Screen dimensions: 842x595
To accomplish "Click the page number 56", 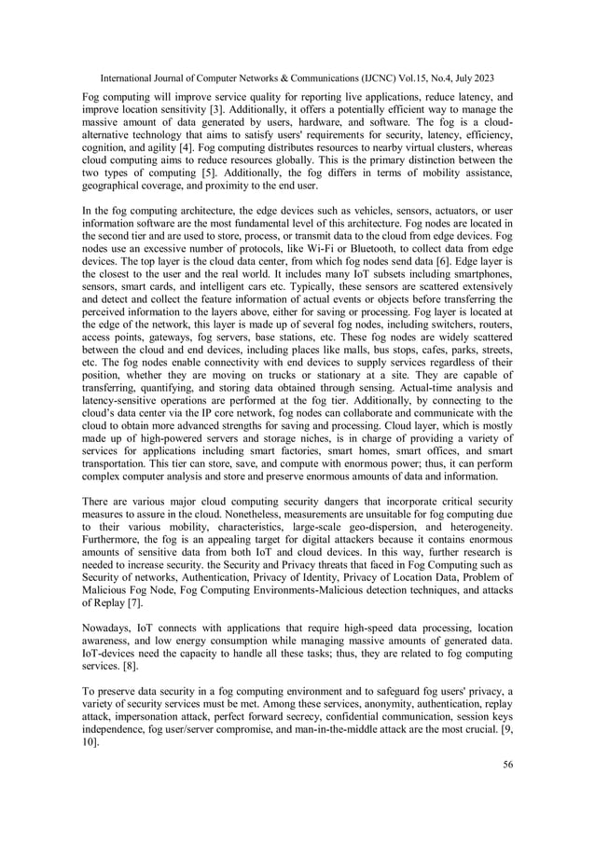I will [505, 766].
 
